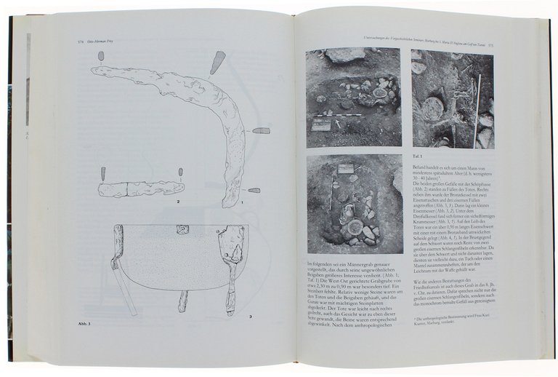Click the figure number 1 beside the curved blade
tap(243, 207)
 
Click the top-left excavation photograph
tap(353, 98)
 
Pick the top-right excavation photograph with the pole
tap(451, 98)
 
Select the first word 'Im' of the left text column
tap(310, 262)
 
